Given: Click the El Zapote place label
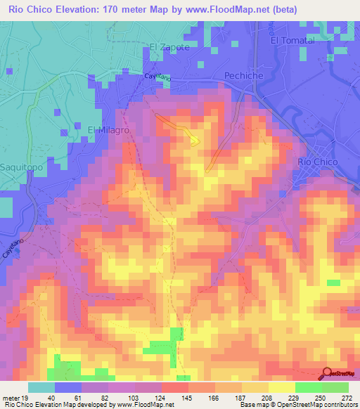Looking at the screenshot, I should (x=169, y=47).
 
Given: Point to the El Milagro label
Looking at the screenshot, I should (x=108, y=131).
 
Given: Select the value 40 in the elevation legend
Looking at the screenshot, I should (x=52, y=398).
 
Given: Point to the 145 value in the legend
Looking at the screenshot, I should (x=186, y=398).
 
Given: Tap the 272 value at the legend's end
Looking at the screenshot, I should (x=346, y=398).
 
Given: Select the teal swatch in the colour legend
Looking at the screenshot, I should (x=41, y=387).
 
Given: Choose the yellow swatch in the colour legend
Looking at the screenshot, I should (x=281, y=387).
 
